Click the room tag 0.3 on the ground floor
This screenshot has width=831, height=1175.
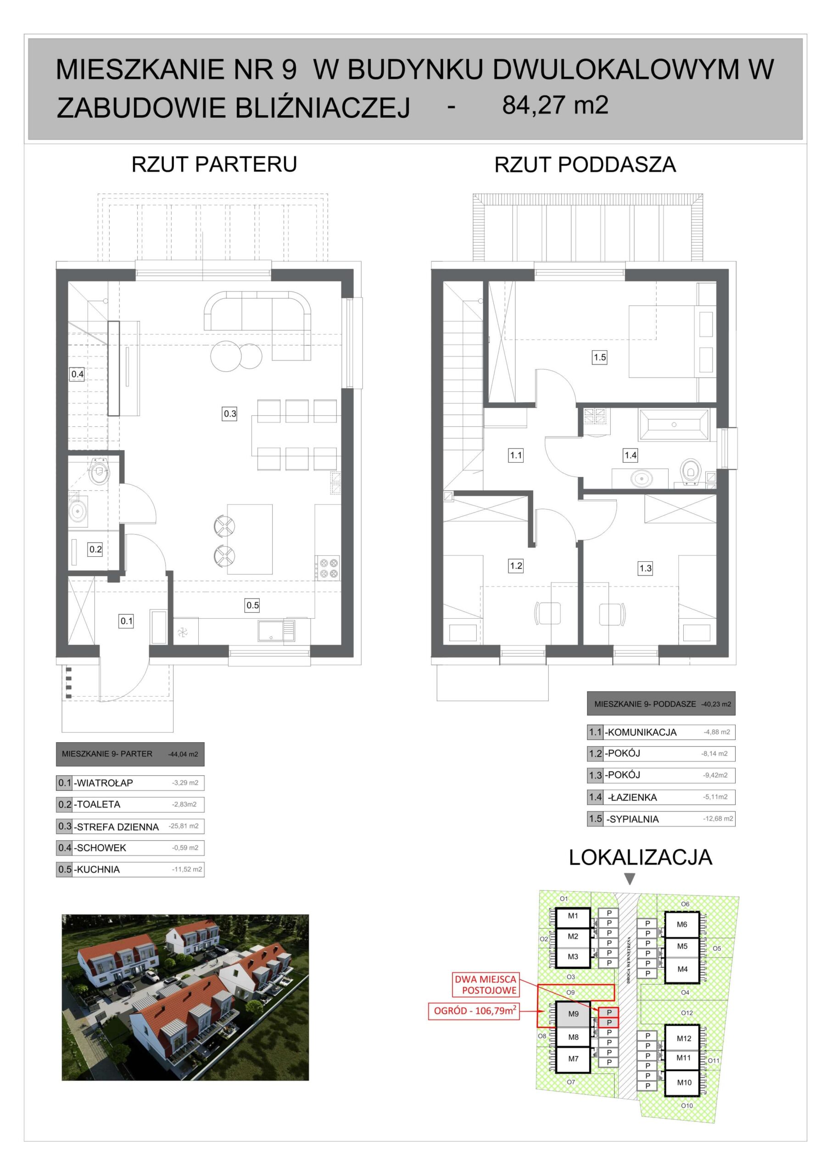pos(230,414)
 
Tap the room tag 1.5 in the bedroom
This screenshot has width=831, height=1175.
pos(600,357)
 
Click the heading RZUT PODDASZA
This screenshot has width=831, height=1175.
pos(585,165)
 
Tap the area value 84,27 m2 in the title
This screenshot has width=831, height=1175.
pos(555,106)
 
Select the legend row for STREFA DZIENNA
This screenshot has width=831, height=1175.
pos(130,827)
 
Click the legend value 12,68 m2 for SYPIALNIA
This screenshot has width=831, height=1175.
pos(719,819)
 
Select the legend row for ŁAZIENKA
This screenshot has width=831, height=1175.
pos(661,797)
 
